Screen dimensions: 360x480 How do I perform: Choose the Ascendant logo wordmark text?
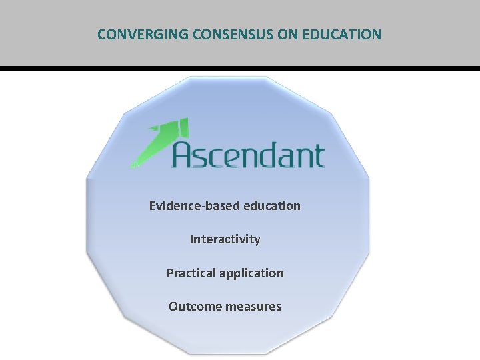(248, 155)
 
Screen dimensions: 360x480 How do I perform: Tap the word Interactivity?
(225, 239)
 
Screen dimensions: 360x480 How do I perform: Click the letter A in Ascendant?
(184, 155)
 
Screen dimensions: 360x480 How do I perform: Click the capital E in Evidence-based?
(153, 205)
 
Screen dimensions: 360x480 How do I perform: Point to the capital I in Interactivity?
(192, 239)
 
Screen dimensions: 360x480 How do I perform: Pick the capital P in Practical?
(170, 273)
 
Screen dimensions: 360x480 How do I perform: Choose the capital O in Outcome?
(173, 307)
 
